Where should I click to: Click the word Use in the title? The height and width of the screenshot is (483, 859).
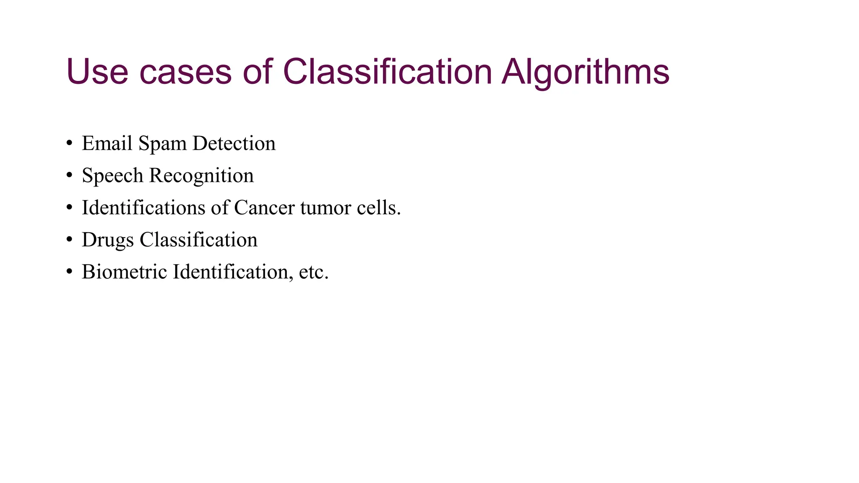(x=97, y=72)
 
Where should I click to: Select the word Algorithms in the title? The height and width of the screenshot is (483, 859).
(x=586, y=72)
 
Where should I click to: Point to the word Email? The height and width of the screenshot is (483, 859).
(x=107, y=143)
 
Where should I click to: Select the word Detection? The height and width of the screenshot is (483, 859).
(x=234, y=143)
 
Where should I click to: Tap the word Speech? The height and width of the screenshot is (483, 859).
(x=112, y=176)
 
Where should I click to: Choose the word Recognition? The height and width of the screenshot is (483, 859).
(x=201, y=176)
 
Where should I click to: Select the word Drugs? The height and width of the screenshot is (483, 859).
(x=108, y=240)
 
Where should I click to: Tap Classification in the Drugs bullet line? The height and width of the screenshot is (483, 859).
(x=198, y=240)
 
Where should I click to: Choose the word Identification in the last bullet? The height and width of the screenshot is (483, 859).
(x=233, y=272)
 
